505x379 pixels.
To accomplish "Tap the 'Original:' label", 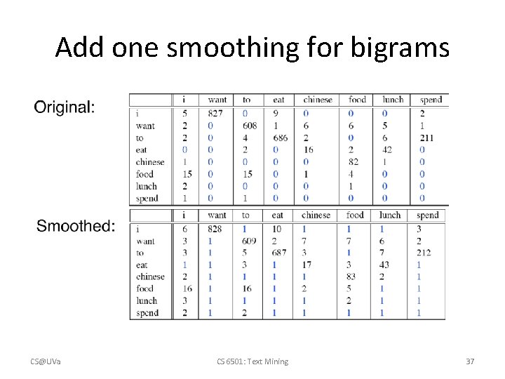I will [64, 107].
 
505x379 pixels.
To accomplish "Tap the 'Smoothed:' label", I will [76, 225].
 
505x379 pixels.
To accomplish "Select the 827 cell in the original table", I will [216, 113].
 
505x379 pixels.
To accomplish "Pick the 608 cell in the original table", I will [249, 126].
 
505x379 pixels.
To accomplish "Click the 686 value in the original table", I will [280, 138].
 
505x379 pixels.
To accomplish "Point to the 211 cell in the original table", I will [426, 138].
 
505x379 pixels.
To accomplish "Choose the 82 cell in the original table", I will [353, 162].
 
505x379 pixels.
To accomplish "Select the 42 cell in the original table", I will [386, 149].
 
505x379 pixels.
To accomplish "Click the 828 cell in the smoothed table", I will [216, 229].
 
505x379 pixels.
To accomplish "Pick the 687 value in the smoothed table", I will [279, 253].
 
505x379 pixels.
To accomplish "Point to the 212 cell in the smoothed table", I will [423, 253].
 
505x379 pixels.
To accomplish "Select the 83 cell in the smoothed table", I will [351, 277].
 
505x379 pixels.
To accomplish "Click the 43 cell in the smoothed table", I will [384, 265].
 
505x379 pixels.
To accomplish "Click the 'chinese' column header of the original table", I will [317, 100].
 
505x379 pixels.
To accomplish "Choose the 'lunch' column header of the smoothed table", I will [390, 215].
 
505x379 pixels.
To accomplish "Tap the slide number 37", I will [470, 361].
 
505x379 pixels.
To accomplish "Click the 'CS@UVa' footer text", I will [45, 361].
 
